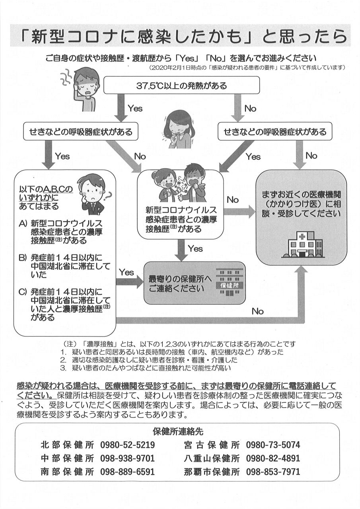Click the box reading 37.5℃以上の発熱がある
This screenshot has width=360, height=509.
click(x=181, y=85)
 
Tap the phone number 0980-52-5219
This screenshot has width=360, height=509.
click(x=127, y=445)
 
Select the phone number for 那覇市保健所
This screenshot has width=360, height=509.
click(x=273, y=472)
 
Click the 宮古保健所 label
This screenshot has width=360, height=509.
click(x=212, y=445)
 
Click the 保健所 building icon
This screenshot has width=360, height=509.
click(x=229, y=283)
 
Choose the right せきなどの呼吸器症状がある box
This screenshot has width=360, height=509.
click(x=275, y=132)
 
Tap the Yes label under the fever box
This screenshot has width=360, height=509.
click(x=135, y=108)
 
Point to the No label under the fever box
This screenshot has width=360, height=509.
click(x=250, y=108)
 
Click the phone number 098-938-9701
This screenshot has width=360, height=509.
click(x=127, y=458)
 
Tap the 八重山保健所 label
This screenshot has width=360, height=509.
click(x=212, y=458)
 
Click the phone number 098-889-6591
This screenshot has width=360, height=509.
click(x=127, y=472)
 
